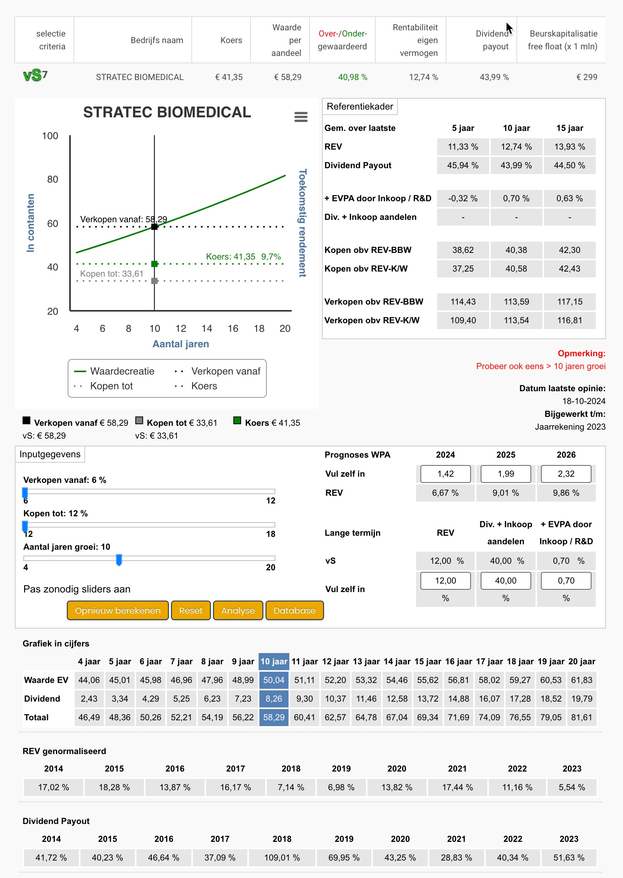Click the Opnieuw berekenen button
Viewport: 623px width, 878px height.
pyautogui.click(x=118, y=610)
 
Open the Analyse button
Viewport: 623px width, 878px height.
pyautogui.click(x=238, y=610)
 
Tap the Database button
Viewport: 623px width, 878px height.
pyautogui.click(x=294, y=610)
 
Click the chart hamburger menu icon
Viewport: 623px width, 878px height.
pyautogui.click(x=301, y=117)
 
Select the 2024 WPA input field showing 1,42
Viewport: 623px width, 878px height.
pyautogui.click(x=445, y=474)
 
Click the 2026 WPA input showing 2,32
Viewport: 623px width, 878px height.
pyautogui.click(x=566, y=474)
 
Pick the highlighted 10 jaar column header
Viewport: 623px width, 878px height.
pyautogui.click(x=274, y=661)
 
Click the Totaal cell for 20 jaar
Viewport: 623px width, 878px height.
pyautogui.click(x=581, y=717)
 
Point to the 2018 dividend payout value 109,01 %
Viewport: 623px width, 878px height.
pyautogui.click(x=282, y=857)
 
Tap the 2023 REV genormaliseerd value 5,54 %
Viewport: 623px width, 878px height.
pyautogui.click(x=572, y=787)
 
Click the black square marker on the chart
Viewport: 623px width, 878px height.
pyautogui.click(x=154, y=226)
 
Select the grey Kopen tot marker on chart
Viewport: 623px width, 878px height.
pyautogui.click(x=154, y=280)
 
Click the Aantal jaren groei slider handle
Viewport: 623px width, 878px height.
pyautogui.click(x=119, y=560)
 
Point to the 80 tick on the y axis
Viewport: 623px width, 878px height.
pyautogui.click(x=52, y=179)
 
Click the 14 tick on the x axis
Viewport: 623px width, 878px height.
pyautogui.click(x=207, y=329)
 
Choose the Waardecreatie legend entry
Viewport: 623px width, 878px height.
pyautogui.click(x=114, y=371)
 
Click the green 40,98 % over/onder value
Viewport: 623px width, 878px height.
pyautogui.click(x=353, y=77)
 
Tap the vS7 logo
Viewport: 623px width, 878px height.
pyautogui.click(x=35, y=75)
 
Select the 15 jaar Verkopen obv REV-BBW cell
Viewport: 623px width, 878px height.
pyautogui.click(x=570, y=301)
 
